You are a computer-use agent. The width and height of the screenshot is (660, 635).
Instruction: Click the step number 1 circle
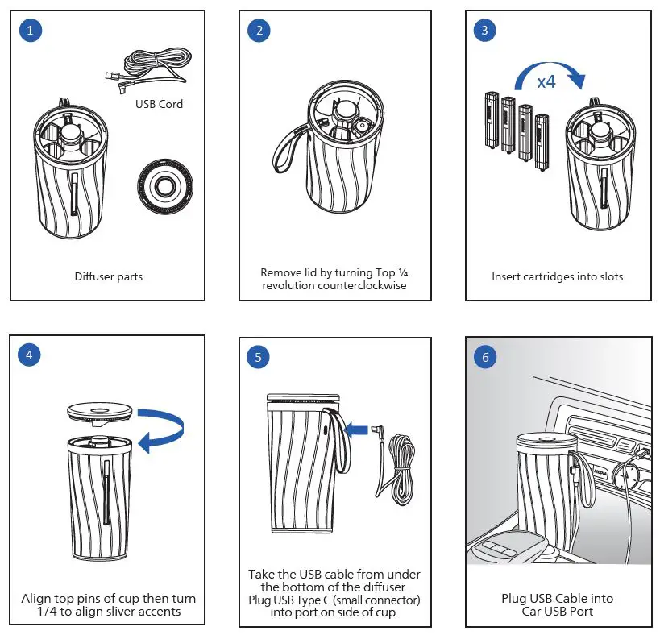pos(30,31)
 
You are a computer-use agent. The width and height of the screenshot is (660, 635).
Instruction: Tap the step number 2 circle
pos(259,31)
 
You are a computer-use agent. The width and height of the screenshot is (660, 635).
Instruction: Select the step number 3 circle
pos(484,31)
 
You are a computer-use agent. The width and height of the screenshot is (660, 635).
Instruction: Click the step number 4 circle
pos(30,355)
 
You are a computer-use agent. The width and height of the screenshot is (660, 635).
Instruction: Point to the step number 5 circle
pos(259,357)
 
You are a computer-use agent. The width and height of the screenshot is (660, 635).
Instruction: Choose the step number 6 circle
pos(484,357)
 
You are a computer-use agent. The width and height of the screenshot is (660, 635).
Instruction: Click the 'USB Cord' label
pos(159,104)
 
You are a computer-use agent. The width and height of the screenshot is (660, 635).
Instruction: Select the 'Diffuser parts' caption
pos(109,276)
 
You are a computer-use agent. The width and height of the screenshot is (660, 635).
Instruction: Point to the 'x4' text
pos(546,81)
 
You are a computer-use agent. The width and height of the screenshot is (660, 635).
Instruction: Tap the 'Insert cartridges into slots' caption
pos(558,276)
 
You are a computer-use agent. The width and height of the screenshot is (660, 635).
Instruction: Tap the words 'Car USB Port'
pos(558,611)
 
